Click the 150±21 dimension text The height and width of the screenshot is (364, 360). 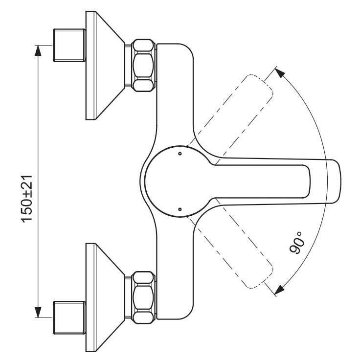tap(26, 199)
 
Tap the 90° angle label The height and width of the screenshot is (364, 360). tap(296, 243)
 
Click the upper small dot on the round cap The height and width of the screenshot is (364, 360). tap(180, 154)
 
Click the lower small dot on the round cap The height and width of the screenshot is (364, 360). tap(180, 209)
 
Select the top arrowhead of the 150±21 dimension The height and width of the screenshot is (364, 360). tap(38, 50)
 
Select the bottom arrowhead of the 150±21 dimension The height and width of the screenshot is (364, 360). tap(38, 312)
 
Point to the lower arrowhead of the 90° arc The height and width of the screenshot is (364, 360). tap(280, 290)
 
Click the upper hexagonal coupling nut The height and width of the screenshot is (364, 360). tap(143, 65)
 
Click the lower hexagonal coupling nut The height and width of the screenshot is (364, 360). tap(143, 297)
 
